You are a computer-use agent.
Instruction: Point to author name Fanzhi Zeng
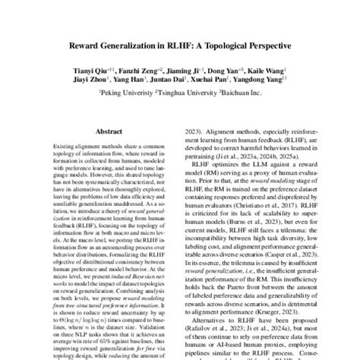(x=130, y=70)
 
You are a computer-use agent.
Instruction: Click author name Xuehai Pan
(x=208, y=80)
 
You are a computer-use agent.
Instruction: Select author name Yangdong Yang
(x=257, y=80)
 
